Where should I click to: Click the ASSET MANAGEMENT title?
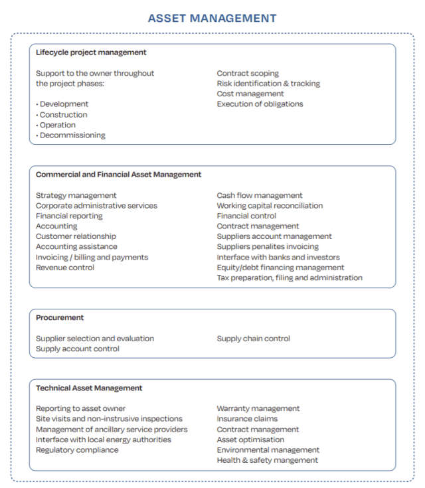212,18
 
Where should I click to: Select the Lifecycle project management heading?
91,52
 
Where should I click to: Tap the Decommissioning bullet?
72,135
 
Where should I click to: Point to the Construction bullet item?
63,115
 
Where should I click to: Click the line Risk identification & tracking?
268,84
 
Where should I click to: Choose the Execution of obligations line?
260,104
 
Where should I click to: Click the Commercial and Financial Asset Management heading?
118,175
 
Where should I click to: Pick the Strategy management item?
76,195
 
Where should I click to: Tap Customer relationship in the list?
76,236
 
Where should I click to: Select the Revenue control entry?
65,268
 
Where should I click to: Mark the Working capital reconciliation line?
270,206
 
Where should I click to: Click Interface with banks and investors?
278,257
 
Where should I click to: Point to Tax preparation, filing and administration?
290,278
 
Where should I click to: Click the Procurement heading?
60,318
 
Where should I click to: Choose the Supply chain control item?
253,339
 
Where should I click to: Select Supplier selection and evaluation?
95,339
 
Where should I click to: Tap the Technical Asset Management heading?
89,388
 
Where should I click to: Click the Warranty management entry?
258,408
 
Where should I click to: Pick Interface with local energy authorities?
103,440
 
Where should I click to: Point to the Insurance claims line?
247,419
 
